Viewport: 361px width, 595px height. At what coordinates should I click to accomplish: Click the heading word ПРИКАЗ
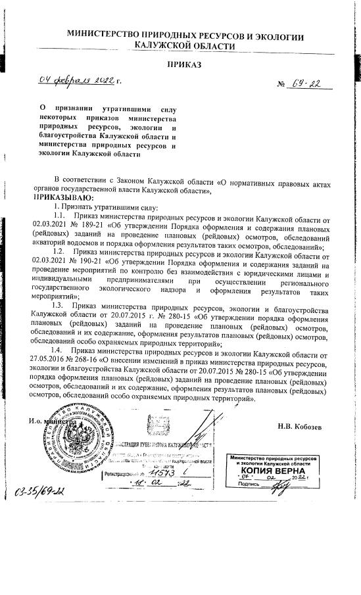pos(184,64)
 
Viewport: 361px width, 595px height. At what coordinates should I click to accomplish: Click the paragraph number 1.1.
pos(58,215)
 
